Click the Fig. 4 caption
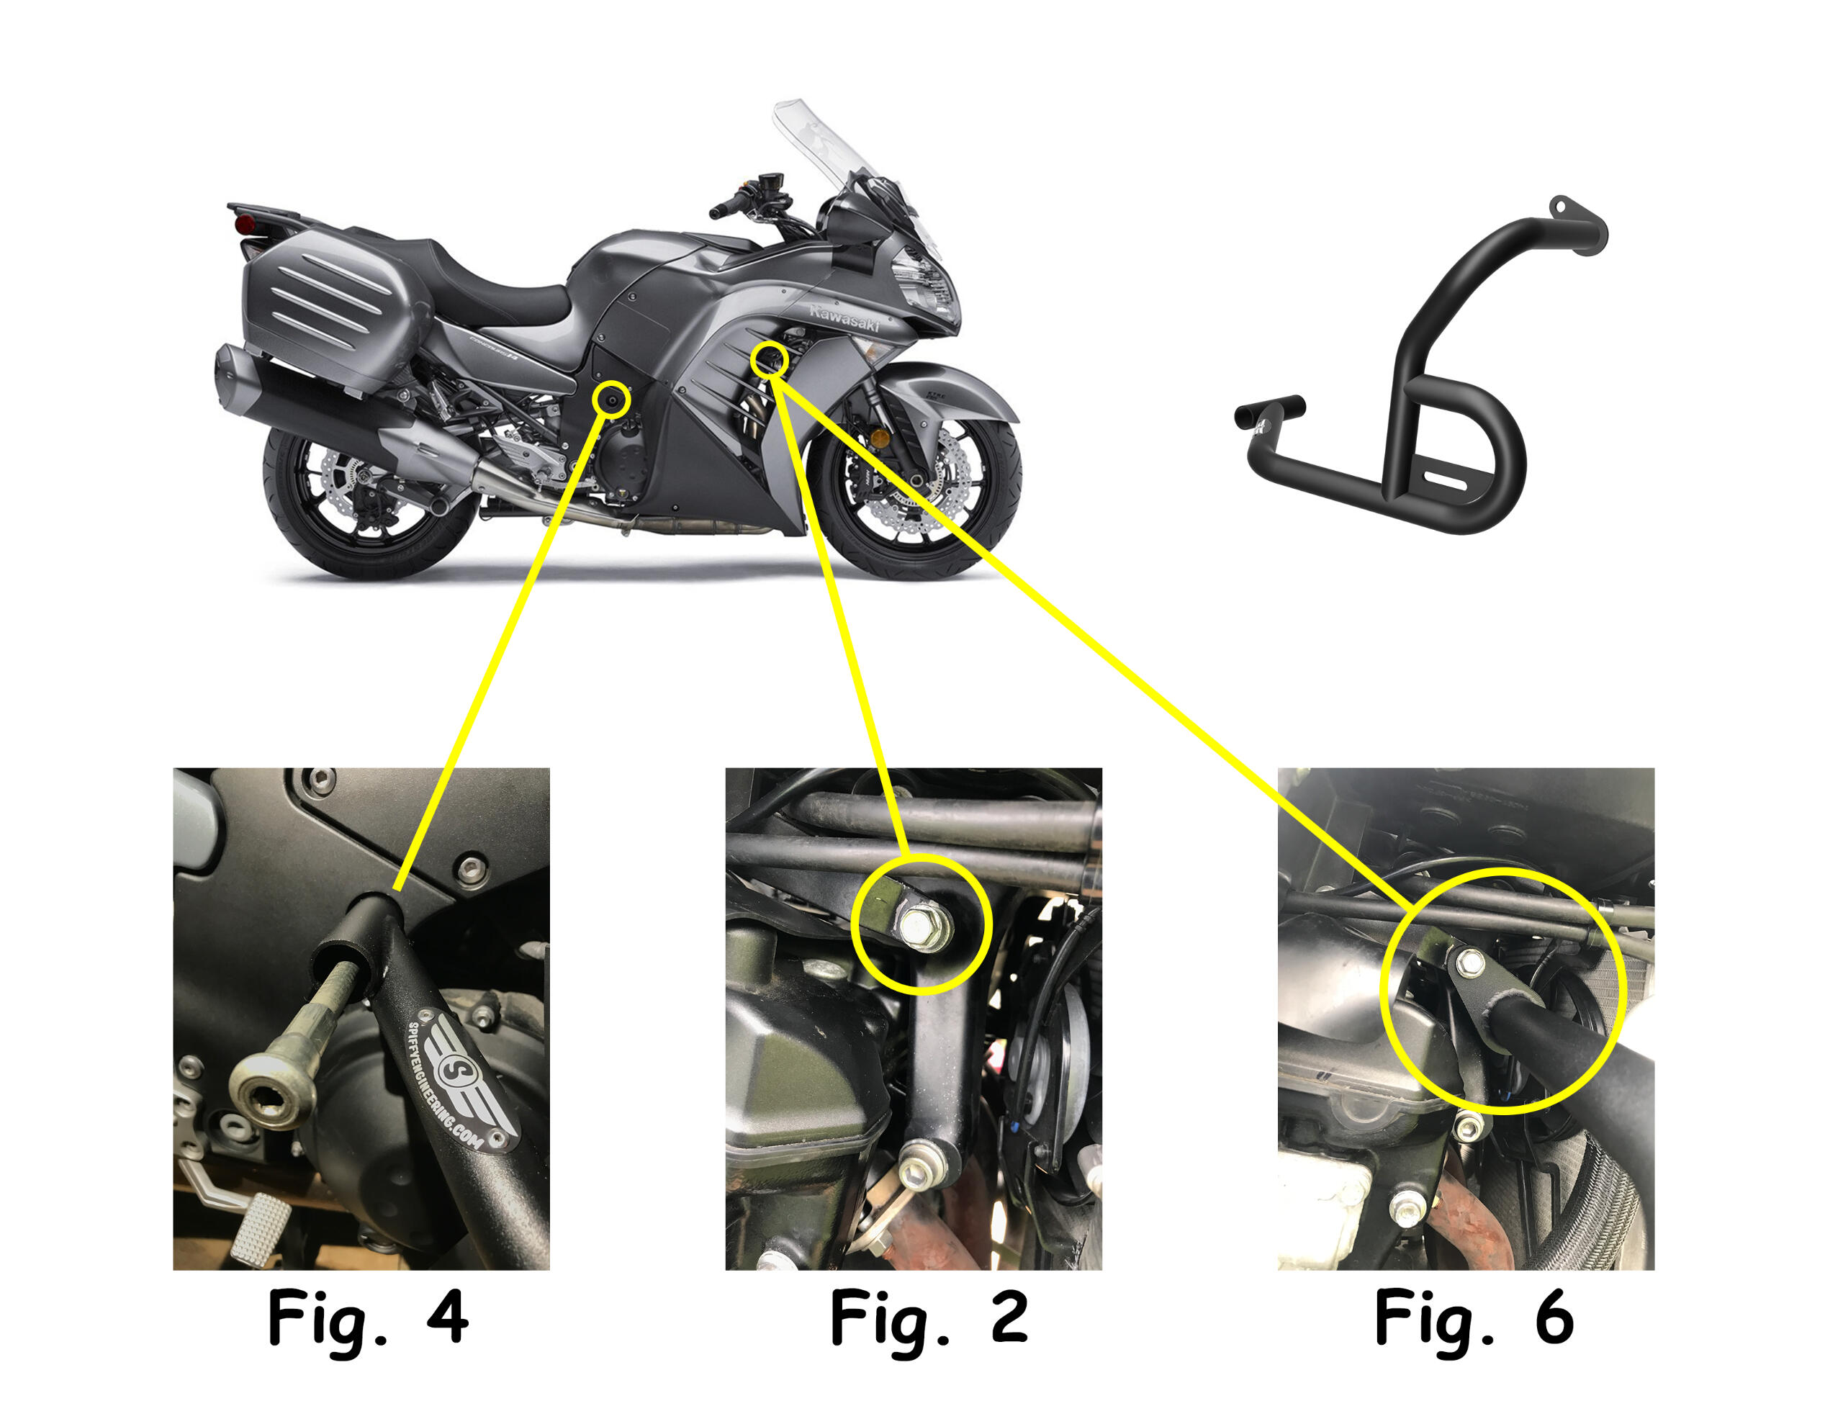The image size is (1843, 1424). [x=368, y=1317]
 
